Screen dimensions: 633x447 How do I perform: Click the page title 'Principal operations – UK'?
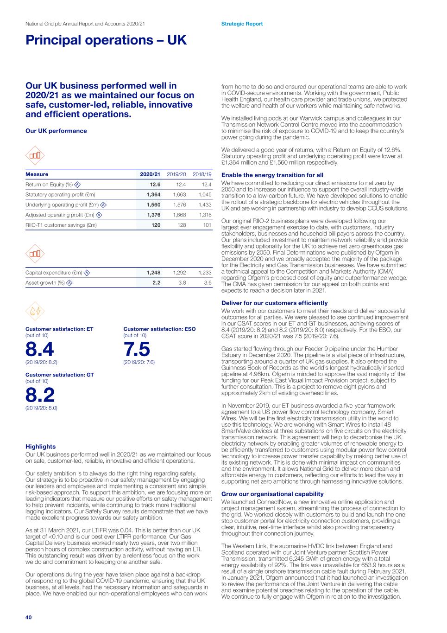pos(106,40)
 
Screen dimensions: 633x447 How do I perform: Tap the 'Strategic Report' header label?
pos(242,24)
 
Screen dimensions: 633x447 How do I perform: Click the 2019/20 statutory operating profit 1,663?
pos(179,195)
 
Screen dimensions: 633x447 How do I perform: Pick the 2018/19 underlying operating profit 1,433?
pos(204,205)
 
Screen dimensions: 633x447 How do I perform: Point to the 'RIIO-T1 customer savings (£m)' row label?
pos(61,225)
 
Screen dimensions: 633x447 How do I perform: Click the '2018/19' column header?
pos(202,174)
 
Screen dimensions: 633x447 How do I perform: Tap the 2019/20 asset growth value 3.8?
pos(182,283)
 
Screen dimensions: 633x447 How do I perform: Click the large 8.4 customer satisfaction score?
pos(40,349)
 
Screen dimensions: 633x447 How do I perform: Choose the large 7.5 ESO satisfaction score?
pos(137,349)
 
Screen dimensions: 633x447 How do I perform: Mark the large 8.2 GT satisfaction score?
pos(40,395)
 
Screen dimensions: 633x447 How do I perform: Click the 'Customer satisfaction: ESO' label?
pos(159,329)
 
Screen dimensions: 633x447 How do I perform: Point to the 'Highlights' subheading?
pos(40,447)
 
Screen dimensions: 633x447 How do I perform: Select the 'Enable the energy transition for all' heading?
pos(272,175)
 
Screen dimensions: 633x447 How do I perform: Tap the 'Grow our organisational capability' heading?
pos(272,494)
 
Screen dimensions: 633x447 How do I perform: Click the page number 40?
pos(29,617)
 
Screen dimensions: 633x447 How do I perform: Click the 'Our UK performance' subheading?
pos(56,131)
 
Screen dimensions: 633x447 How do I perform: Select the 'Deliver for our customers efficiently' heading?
pos(274,303)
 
